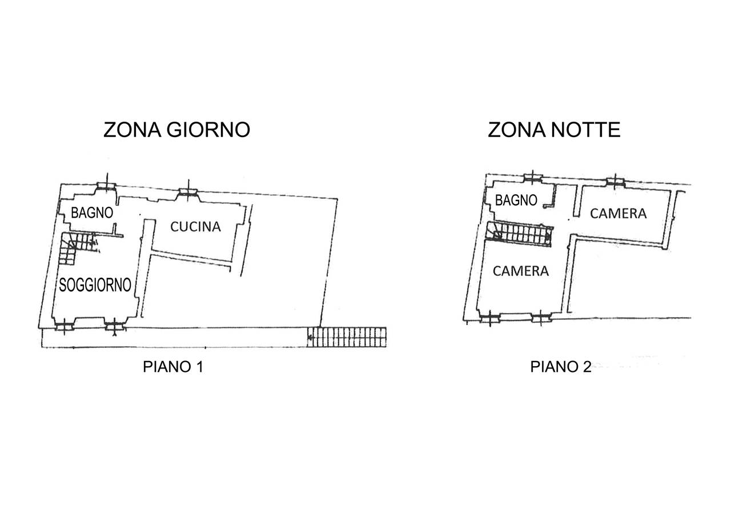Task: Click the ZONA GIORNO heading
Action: (x=177, y=130)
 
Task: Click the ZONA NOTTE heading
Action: (x=554, y=130)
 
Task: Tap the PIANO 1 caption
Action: (x=173, y=367)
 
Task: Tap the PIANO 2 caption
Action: (x=561, y=367)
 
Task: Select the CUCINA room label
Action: (x=196, y=227)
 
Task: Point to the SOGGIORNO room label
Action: (x=95, y=285)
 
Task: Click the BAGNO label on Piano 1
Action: (x=92, y=213)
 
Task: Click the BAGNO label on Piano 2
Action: (x=516, y=200)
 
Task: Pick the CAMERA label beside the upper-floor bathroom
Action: (x=618, y=214)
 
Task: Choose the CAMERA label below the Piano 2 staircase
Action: (x=521, y=271)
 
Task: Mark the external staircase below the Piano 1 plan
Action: (x=347, y=337)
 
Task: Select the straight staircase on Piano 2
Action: (x=519, y=234)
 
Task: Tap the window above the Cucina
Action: (x=188, y=192)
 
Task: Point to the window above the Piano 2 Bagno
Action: (x=533, y=178)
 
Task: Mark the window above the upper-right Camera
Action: (x=616, y=182)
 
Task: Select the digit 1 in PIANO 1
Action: (x=200, y=367)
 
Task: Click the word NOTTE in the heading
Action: (x=586, y=130)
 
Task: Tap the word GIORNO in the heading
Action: (x=208, y=130)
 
